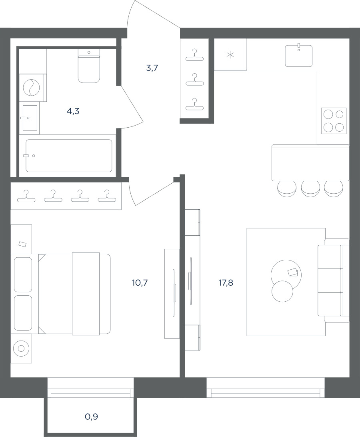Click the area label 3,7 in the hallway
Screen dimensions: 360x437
152,68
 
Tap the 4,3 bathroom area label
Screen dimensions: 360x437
73,112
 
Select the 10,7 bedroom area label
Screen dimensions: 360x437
140,283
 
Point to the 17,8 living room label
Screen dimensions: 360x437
226,283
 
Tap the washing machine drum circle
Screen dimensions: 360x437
31,88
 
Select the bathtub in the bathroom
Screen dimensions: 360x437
69,156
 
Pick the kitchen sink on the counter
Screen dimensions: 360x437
299,55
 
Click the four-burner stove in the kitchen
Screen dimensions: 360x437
334,121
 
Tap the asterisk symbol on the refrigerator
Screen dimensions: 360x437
230,55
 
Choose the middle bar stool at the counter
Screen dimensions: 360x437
310,188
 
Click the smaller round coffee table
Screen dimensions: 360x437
282,291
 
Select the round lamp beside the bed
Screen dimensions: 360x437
21,349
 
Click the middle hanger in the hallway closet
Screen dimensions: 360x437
194,80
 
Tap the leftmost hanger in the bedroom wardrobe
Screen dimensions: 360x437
26,196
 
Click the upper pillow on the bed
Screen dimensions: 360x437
23,274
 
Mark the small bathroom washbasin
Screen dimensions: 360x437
30,118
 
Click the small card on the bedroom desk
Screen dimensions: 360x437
22,244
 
